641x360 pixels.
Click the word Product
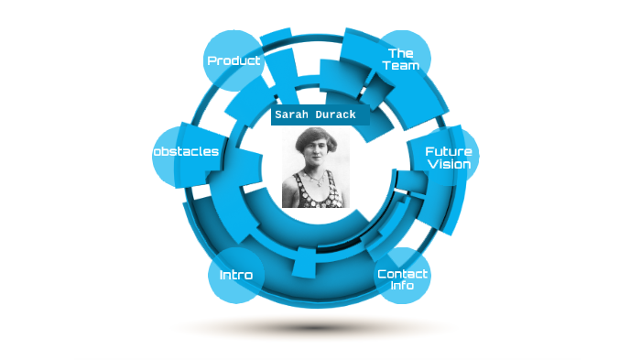click(x=234, y=61)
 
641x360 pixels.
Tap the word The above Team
click(x=400, y=53)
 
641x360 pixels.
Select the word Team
click(x=401, y=66)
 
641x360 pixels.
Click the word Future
click(x=449, y=151)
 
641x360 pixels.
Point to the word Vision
click(x=449, y=165)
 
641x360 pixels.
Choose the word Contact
click(x=403, y=274)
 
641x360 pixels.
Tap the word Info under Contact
click(x=403, y=286)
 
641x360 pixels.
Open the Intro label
click(x=235, y=275)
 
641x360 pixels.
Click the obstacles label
click(x=187, y=151)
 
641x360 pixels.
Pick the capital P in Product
click(x=212, y=61)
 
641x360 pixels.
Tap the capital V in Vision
click(x=431, y=165)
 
